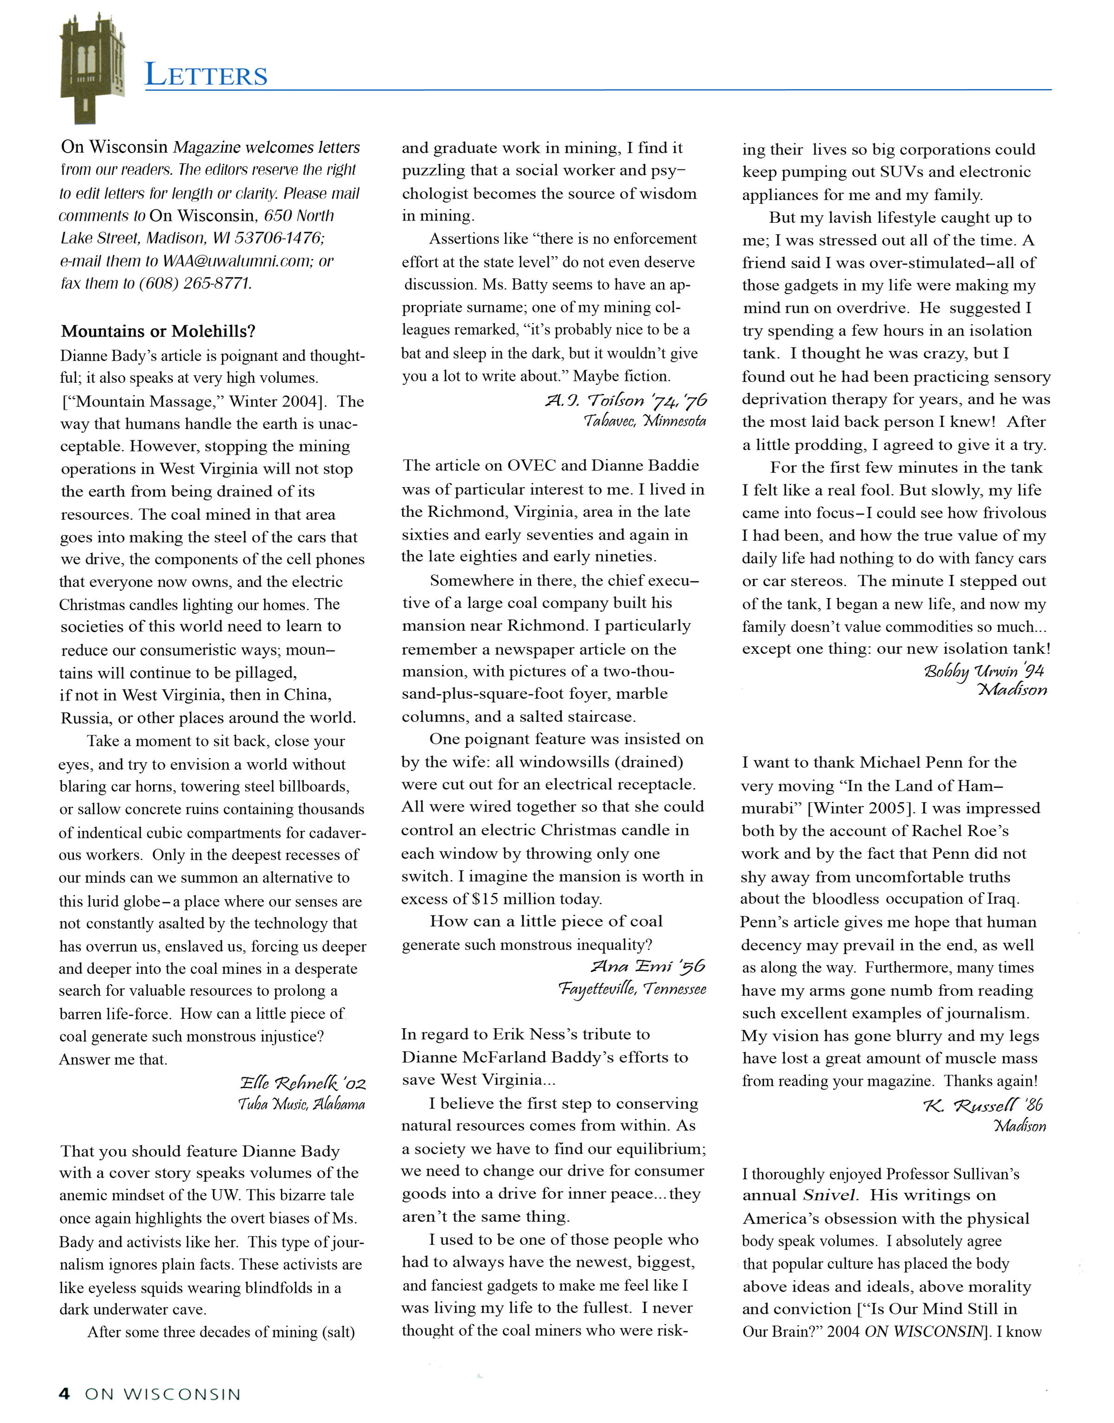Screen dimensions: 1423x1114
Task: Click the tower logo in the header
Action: point(92,68)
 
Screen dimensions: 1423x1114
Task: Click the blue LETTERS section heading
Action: point(206,75)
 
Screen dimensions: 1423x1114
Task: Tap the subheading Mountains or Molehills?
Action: point(158,331)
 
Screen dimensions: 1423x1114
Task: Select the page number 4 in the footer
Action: point(64,1394)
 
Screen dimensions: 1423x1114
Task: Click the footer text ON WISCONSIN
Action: point(162,1394)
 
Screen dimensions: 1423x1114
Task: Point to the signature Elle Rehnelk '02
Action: point(303,1083)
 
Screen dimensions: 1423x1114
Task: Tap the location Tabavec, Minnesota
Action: point(644,421)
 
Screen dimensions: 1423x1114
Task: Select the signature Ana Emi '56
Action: point(648,966)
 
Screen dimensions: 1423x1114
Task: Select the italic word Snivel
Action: point(829,1196)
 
